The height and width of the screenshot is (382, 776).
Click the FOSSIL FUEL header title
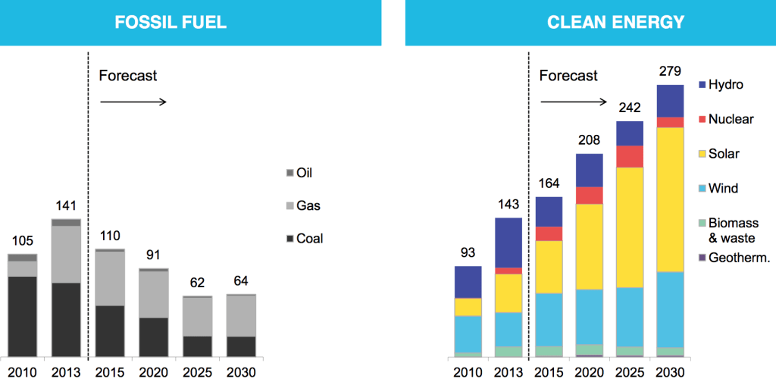171,22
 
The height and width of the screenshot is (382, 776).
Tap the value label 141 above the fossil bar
66,205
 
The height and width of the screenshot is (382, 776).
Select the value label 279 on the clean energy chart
670,71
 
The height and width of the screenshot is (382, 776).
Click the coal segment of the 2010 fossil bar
23,315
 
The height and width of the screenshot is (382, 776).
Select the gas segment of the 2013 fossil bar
66,254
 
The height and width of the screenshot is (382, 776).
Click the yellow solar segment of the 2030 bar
670,199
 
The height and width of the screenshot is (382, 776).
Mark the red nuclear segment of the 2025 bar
629,156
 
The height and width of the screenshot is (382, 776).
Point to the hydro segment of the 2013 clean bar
508,243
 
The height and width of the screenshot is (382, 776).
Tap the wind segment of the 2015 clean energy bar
549,319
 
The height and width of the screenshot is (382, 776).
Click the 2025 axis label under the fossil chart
197,372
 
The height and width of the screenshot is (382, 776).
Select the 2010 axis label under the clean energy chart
468,372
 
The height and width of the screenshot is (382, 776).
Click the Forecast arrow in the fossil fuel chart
133,102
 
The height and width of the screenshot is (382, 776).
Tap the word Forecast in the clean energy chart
568,76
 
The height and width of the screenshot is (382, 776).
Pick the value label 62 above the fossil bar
197,283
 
